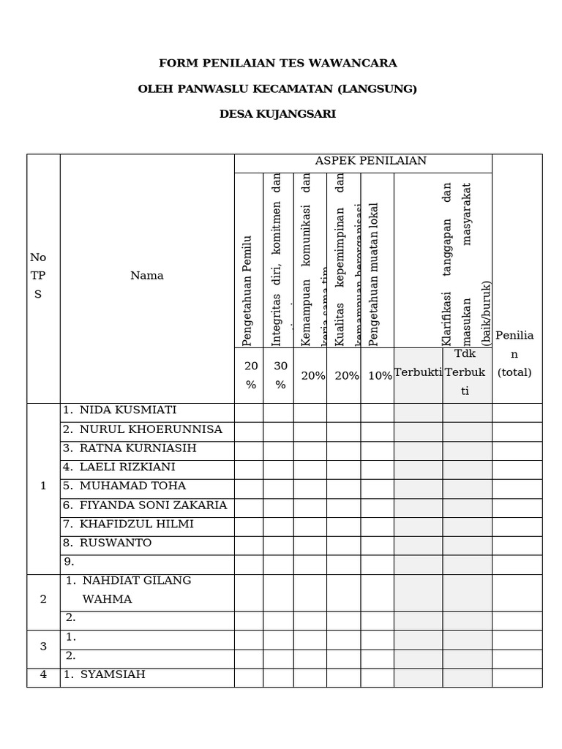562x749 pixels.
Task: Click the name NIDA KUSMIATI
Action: click(x=127, y=410)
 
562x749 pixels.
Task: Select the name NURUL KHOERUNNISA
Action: click(x=150, y=429)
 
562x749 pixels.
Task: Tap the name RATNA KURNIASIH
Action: click(x=138, y=448)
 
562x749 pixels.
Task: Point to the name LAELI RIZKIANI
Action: click(x=127, y=467)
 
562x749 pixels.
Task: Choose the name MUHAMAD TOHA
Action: click(x=132, y=486)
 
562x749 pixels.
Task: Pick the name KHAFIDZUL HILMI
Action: click(x=136, y=524)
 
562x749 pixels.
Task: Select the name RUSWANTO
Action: click(x=115, y=543)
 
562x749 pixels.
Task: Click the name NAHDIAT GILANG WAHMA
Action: click(x=136, y=590)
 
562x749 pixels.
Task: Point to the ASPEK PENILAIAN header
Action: click(x=370, y=161)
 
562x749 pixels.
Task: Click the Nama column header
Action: click(x=147, y=276)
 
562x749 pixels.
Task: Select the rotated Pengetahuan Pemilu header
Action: click(x=247, y=290)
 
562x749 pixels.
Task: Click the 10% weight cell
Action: click(x=380, y=376)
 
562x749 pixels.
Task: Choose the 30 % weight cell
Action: click(x=280, y=375)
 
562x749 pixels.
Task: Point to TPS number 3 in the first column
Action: click(x=43, y=647)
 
